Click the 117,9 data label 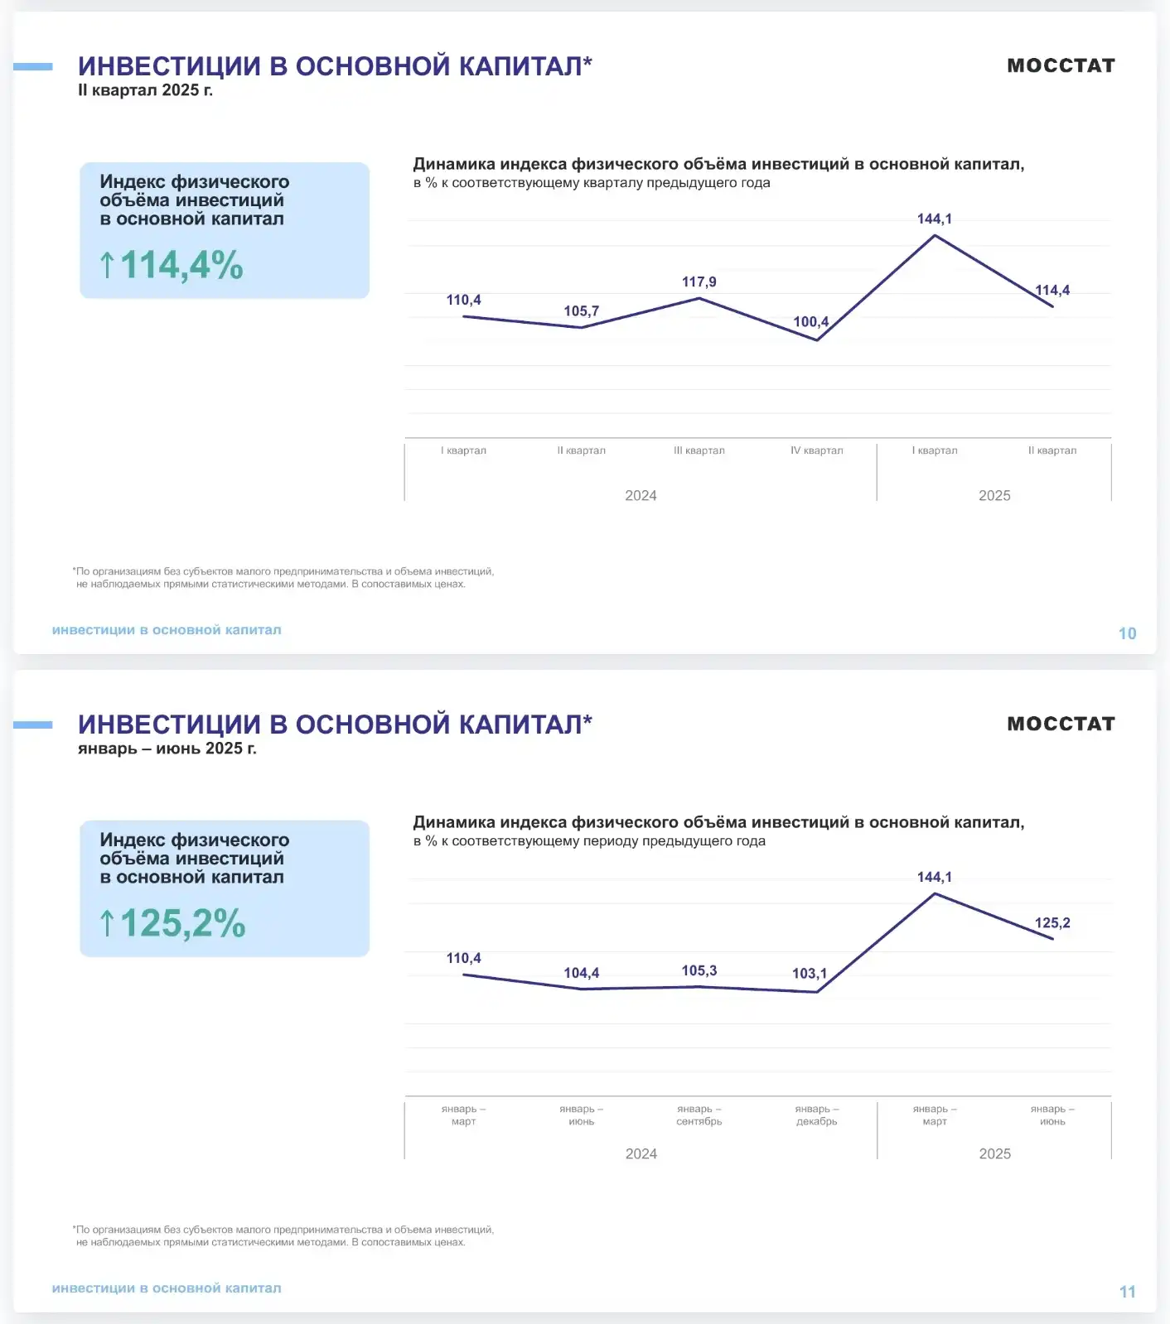point(699,282)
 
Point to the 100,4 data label point(810,322)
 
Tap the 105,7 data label point(581,311)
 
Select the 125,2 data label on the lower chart point(1052,923)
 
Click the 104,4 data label point(581,973)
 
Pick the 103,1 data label point(809,974)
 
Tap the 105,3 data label point(699,970)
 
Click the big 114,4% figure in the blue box point(181,266)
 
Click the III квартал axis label point(699,450)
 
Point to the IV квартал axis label point(816,450)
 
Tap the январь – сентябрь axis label point(699,1115)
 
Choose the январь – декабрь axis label point(816,1115)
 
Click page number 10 point(1127,633)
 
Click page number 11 point(1127,1292)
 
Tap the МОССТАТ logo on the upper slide point(1061,65)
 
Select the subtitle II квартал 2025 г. point(145,90)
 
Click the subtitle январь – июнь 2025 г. point(167,749)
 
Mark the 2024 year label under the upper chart point(641,495)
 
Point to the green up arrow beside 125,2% point(107,924)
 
